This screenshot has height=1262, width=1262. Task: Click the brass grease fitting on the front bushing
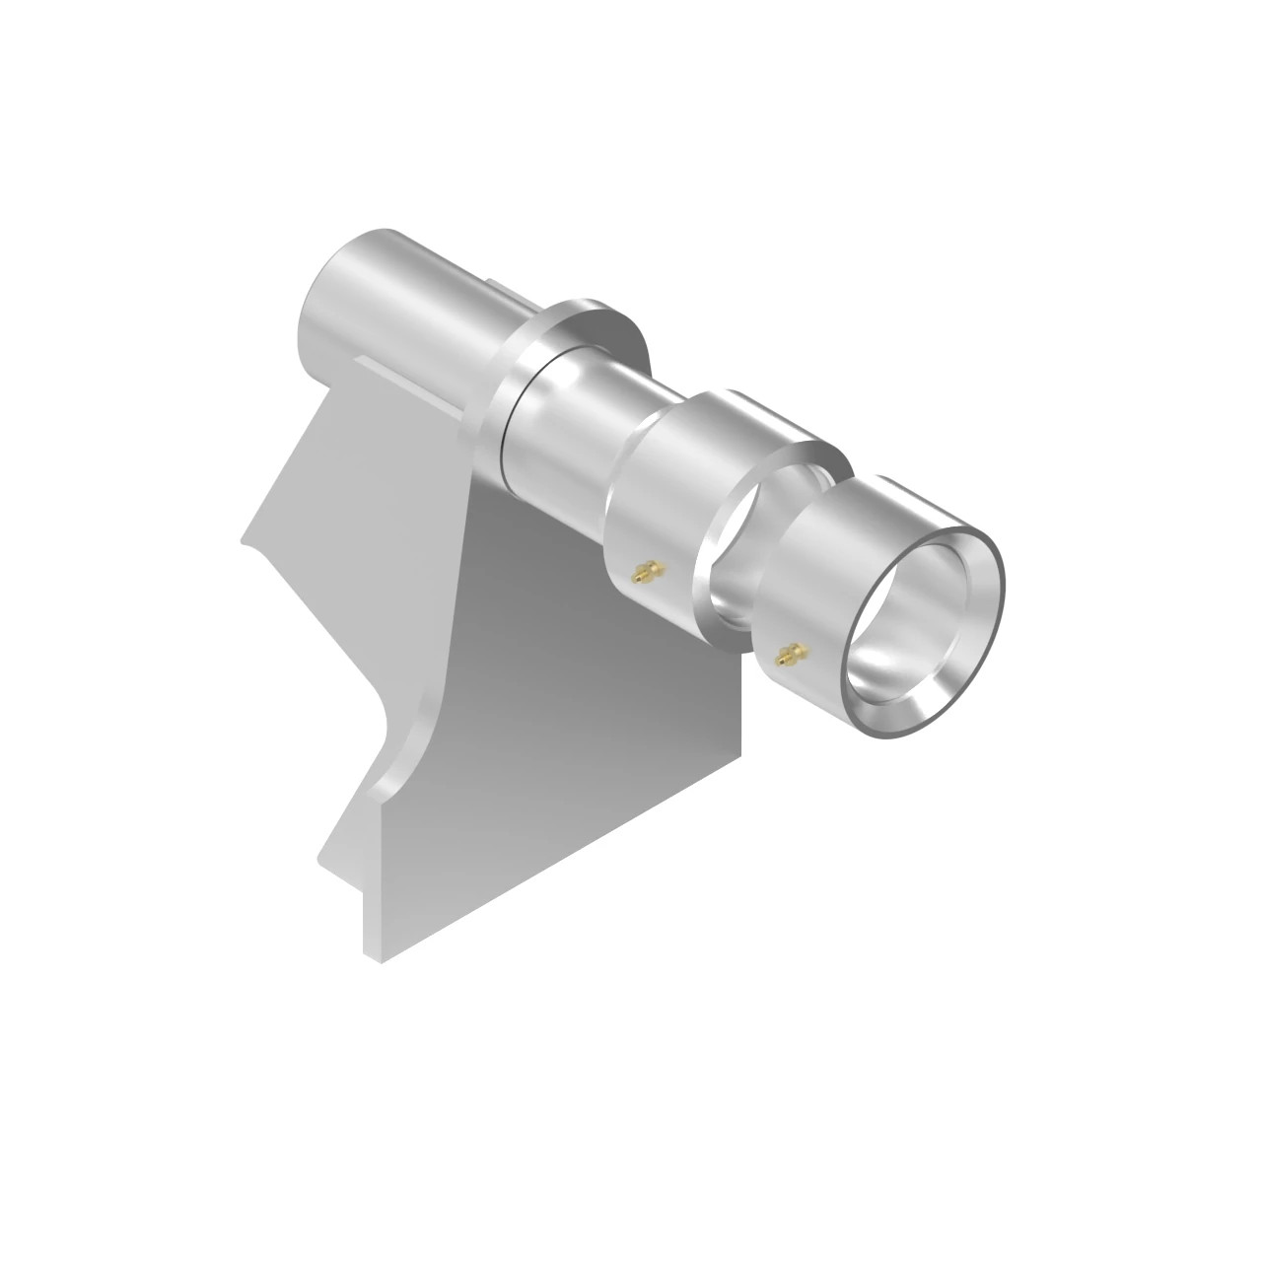(786, 654)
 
